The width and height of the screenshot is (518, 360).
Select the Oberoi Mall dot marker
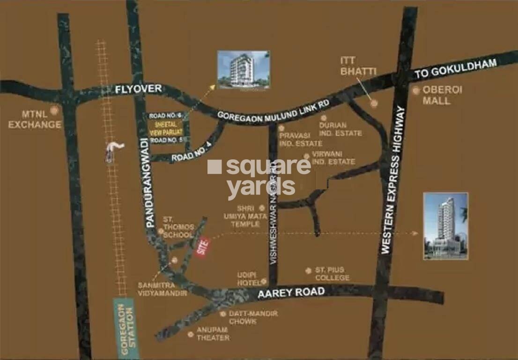click(416, 90)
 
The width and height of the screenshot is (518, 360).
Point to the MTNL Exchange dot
click(55, 111)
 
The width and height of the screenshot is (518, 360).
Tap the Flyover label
click(139, 89)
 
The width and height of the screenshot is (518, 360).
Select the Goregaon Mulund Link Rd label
click(274, 111)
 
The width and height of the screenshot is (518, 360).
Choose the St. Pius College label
click(332, 274)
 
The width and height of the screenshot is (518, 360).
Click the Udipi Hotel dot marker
click(264, 281)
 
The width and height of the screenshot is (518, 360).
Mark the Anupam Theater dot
click(190, 334)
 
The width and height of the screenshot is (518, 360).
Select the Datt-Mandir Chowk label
click(253, 317)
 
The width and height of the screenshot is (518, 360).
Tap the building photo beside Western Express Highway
click(445, 225)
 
